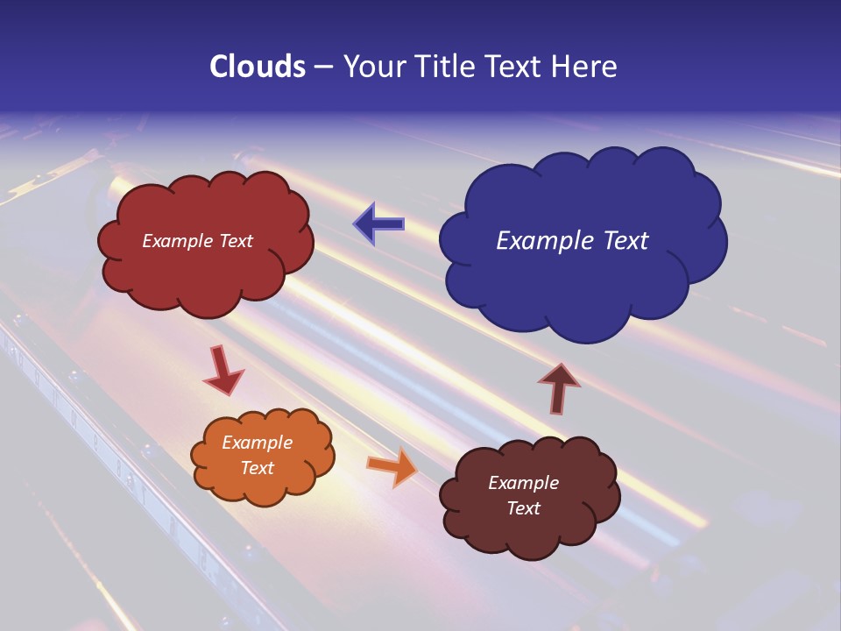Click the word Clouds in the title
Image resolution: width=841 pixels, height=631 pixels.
(258, 67)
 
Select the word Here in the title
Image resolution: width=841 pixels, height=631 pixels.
(586, 67)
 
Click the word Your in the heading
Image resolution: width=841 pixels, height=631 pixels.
(376, 67)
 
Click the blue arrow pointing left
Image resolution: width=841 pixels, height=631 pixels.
(378, 224)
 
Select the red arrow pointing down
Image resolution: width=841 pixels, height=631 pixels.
(223, 371)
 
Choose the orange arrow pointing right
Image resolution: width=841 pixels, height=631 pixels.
(392, 466)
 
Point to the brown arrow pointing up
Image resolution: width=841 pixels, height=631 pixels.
(559, 386)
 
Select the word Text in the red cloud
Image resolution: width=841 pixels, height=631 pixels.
(236, 241)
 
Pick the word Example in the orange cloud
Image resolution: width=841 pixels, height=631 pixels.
(257, 443)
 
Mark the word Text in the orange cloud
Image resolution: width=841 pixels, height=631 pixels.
(257, 468)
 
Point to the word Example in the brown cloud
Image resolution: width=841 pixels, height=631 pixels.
(523, 483)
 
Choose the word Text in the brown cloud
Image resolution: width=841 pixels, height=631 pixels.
(523, 508)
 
